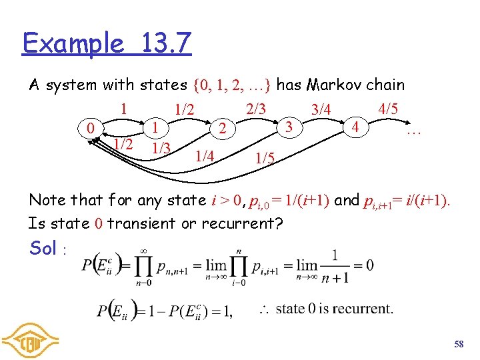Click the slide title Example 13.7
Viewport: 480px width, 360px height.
[107, 43]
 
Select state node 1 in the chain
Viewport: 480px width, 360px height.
[155, 125]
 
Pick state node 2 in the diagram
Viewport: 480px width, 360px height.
[225, 127]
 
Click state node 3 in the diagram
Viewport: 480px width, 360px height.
[289, 125]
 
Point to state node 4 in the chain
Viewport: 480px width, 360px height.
[356, 125]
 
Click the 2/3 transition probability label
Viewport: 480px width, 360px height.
[256, 107]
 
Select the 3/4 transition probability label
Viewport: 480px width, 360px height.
[321, 108]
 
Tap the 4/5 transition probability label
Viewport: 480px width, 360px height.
[389, 107]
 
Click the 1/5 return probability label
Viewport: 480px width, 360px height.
[265, 159]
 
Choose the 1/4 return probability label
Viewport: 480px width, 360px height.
[204, 157]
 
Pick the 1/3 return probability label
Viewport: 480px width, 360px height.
[160, 147]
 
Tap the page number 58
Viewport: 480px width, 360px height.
[458, 344]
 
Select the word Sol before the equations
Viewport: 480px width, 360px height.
[43, 248]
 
